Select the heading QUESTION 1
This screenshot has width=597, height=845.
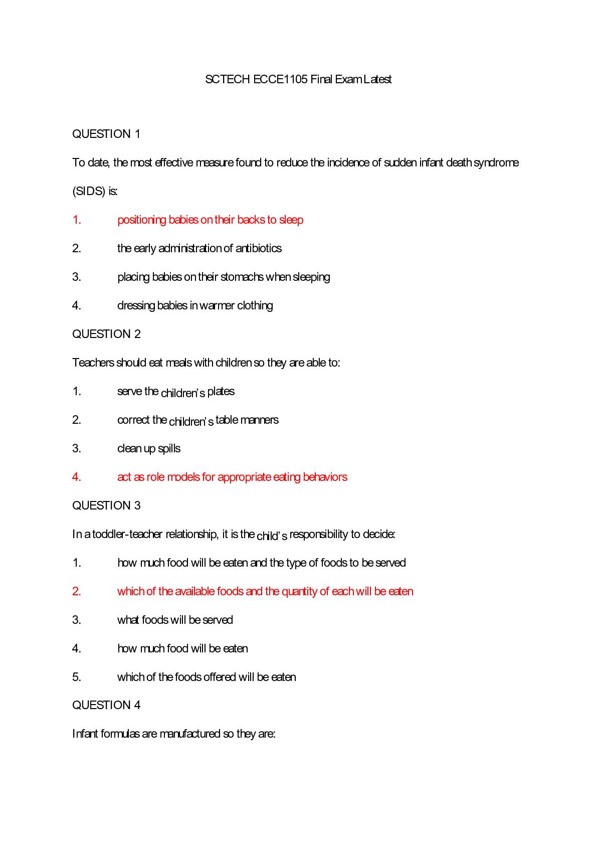106,134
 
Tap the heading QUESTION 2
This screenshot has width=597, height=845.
106,334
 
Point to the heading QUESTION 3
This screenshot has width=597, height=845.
106,505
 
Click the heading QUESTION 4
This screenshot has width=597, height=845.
106,705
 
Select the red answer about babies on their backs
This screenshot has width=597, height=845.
210,220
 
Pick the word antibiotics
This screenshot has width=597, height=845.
259,248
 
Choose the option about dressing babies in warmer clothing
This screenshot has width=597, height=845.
195,305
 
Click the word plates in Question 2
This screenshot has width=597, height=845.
221,391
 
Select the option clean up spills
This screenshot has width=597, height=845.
149,448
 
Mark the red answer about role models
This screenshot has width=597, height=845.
232,477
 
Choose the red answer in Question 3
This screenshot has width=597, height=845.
265,591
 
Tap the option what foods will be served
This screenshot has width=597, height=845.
175,620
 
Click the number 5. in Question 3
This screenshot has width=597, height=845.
77,677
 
